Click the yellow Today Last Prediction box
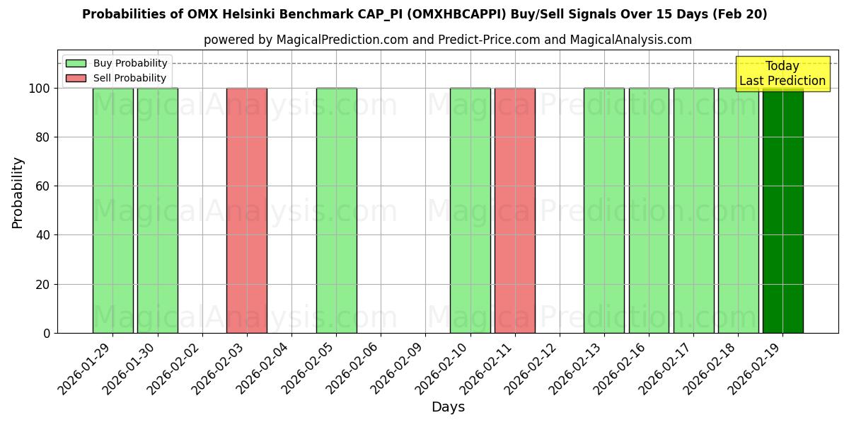782,74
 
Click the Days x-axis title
448,407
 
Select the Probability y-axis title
18,192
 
